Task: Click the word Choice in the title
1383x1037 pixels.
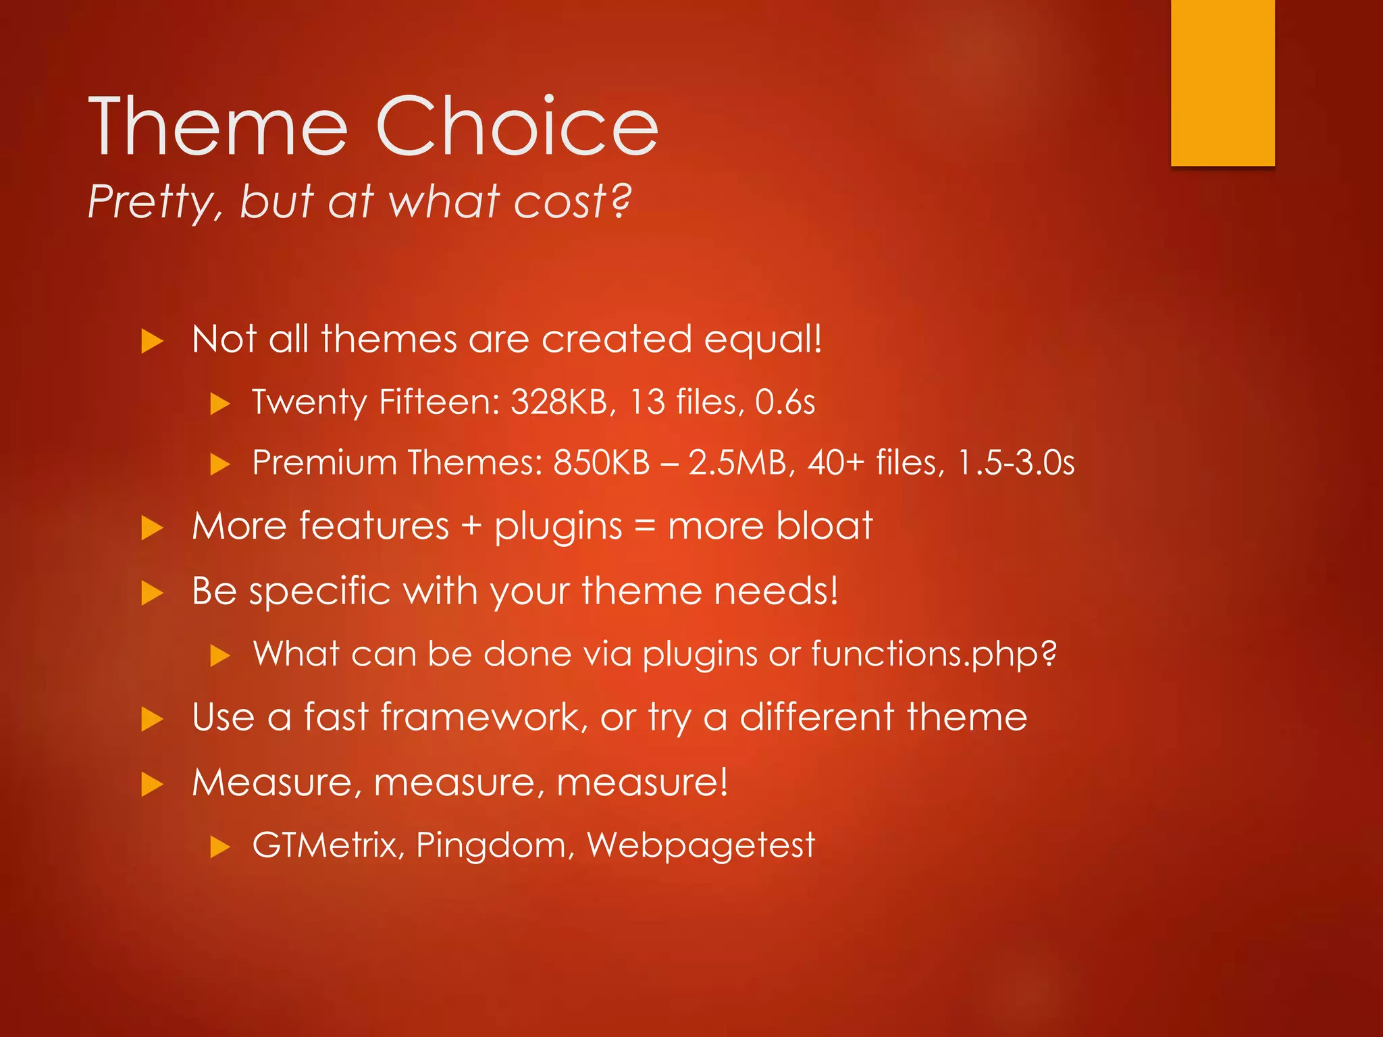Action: coord(517,127)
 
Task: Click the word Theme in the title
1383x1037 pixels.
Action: coord(218,127)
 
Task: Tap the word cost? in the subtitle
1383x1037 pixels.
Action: coord(573,202)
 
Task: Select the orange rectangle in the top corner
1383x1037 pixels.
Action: coord(1222,82)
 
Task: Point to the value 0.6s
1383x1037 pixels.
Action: coord(785,402)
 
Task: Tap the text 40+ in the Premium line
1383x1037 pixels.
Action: coord(836,463)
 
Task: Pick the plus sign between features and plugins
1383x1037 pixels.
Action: coord(471,527)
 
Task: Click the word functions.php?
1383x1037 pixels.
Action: coord(933,654)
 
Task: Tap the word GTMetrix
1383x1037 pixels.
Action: coord(328,845)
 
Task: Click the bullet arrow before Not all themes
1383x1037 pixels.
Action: coord(153,341)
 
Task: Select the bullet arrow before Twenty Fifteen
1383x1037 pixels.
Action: coord(220,404)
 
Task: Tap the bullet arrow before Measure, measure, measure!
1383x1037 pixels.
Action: coord(153,785)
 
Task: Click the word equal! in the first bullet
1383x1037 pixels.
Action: coord(762,340)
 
